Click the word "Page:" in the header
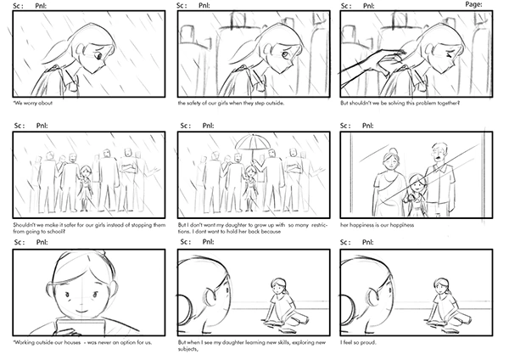473,4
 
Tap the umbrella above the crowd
253,143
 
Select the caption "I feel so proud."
358,342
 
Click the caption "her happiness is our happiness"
378,225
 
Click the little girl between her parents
415,194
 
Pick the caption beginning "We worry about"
32,104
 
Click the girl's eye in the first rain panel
98,56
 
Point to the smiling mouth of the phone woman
81,312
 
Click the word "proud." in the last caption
369,342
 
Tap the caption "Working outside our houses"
47,342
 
